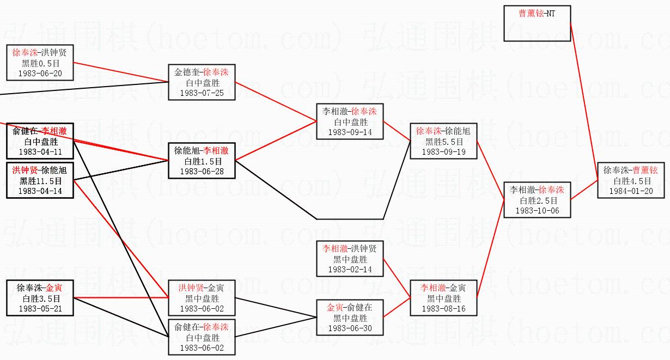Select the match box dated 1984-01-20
[631, 180]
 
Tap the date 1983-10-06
[537, 210]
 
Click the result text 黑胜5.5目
[443, 142]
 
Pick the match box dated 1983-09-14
[350, 121]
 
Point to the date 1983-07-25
[202, 93]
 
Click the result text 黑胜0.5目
[40, 63]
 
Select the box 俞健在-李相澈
[40, 141]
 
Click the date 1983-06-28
[202, 172]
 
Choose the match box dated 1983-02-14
[350, 259]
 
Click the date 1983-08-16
[443, 309]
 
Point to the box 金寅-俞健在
[350, 318]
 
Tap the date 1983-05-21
[40, 308]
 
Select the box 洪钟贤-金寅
[202, 298]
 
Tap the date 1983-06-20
[40, 73]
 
